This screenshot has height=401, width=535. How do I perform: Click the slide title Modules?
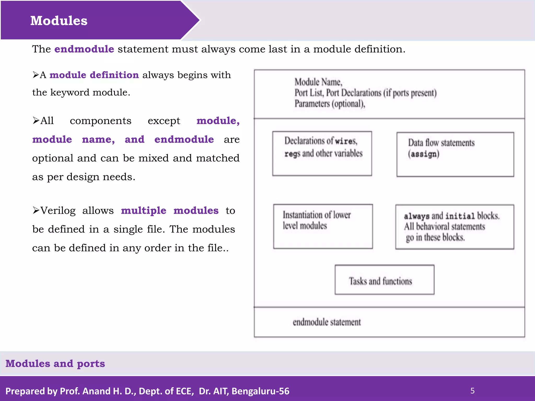(59, 21)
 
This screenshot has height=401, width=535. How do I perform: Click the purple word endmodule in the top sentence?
(84, 49)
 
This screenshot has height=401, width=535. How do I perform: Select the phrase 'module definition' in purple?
(94, 75)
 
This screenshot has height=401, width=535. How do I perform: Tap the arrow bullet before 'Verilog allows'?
(36, 210)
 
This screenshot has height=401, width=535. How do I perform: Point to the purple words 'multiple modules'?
(170, 210)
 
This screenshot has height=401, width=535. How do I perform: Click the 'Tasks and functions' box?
(384, 280)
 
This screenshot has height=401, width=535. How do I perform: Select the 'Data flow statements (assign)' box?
(455, 154)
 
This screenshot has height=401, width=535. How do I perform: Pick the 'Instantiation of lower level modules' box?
(323, 226)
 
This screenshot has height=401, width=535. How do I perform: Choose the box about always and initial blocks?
(455, 227)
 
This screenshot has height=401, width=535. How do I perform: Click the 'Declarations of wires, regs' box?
(322, 154)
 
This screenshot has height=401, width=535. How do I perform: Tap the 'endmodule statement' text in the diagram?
(327, 322)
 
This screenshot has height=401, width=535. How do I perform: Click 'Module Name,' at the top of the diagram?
(318, 82)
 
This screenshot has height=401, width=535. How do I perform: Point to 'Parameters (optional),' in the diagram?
(330, 104)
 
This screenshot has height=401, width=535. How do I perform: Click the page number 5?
(472, 391)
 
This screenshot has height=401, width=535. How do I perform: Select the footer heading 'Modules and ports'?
(55, 363)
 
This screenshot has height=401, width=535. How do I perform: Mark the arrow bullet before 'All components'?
(36, 121)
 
